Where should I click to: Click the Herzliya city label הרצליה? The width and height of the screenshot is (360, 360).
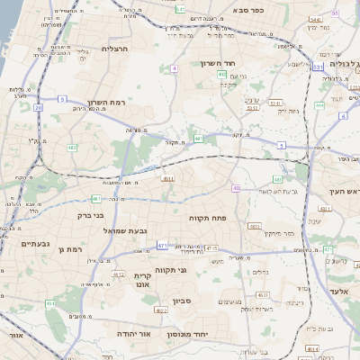(x=116, y=49)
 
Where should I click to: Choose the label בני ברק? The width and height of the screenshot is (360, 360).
(x=91, y=216)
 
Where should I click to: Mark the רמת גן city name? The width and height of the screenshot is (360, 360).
(x=68, y=248)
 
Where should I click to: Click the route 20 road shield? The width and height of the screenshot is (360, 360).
(x=38, y=107)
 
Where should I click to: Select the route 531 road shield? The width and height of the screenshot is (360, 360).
(x=318, y=67)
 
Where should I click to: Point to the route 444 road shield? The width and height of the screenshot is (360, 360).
(x=319, y=106)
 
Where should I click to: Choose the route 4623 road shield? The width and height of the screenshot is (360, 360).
(x=264, y=294)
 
